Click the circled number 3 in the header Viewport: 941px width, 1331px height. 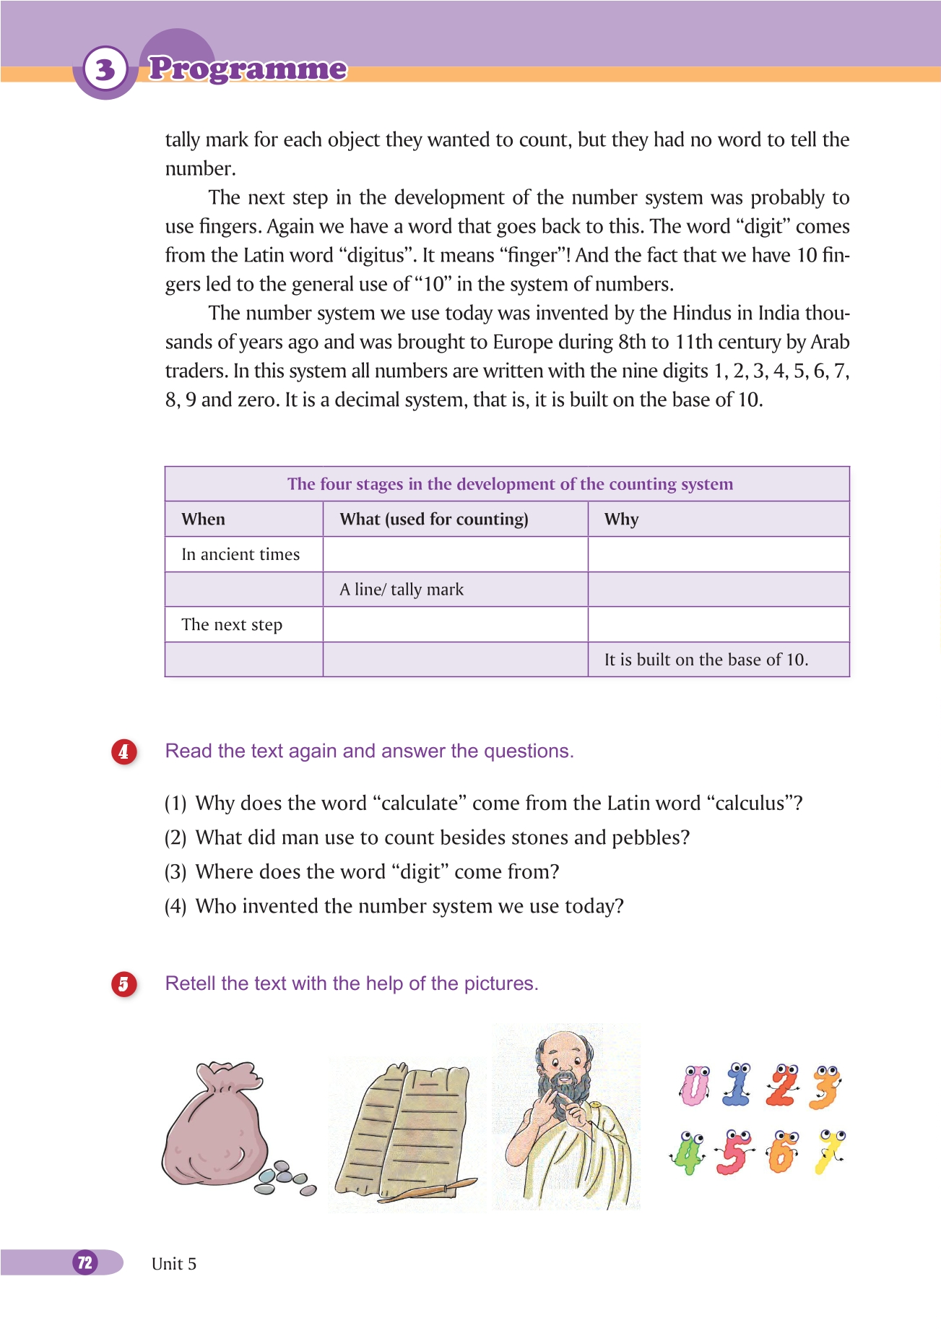[105, 69]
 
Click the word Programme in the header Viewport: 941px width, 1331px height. [248, 69]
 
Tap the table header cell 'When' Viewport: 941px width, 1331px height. [204, 519]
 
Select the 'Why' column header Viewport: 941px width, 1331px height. [621, 519]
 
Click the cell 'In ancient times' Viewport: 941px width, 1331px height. [240, 554]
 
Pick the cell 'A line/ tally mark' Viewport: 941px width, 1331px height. [402, 590]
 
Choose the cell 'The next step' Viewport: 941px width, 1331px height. [232, 624]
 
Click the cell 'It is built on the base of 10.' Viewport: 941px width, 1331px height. [706, 660]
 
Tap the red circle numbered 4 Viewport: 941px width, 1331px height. [123, 751]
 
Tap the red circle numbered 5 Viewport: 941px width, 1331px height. [123, 984]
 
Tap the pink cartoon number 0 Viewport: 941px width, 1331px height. [694, 1086]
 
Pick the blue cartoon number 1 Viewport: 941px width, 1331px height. [737, 1086]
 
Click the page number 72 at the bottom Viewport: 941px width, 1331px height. [85, 1262]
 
